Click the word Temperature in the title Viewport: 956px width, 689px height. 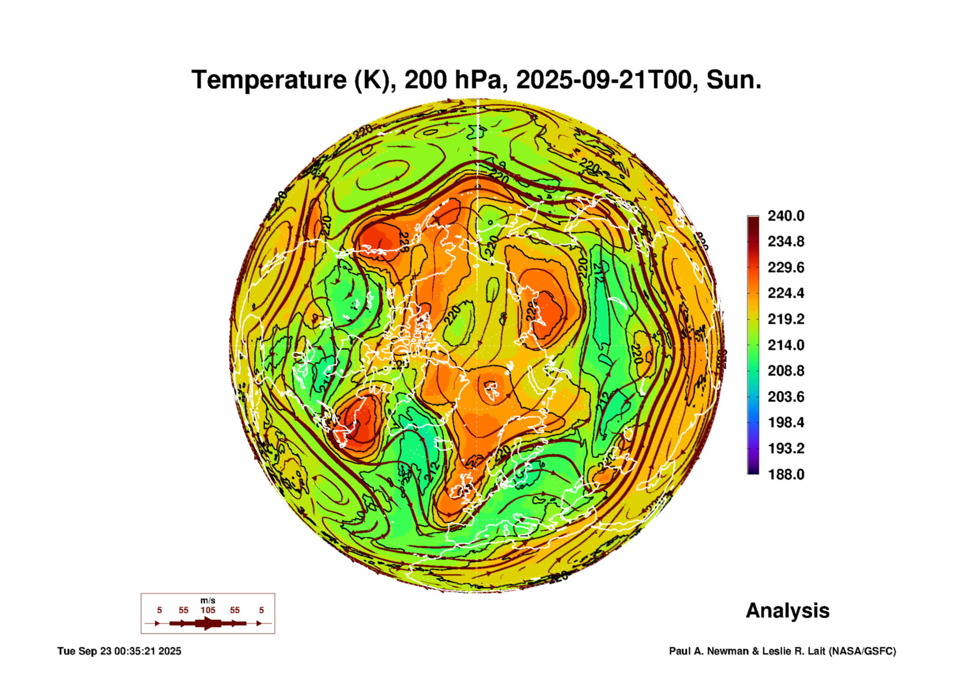269,80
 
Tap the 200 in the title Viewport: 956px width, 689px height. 424,80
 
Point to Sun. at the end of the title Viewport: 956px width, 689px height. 733,80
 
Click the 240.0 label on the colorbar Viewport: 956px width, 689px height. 786,216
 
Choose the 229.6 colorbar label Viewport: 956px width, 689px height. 786,267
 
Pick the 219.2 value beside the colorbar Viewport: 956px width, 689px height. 786,319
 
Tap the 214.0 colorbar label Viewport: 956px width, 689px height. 786,345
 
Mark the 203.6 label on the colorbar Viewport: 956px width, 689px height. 786,396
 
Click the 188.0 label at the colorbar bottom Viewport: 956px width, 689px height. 786,474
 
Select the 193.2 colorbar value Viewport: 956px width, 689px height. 786,448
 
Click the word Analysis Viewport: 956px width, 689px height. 787,611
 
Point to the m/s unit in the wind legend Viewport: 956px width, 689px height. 208,600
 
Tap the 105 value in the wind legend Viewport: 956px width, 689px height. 208,610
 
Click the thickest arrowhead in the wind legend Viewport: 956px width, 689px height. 208,623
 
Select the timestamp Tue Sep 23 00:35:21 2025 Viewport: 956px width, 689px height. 119,651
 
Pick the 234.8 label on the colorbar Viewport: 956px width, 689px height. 786,241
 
